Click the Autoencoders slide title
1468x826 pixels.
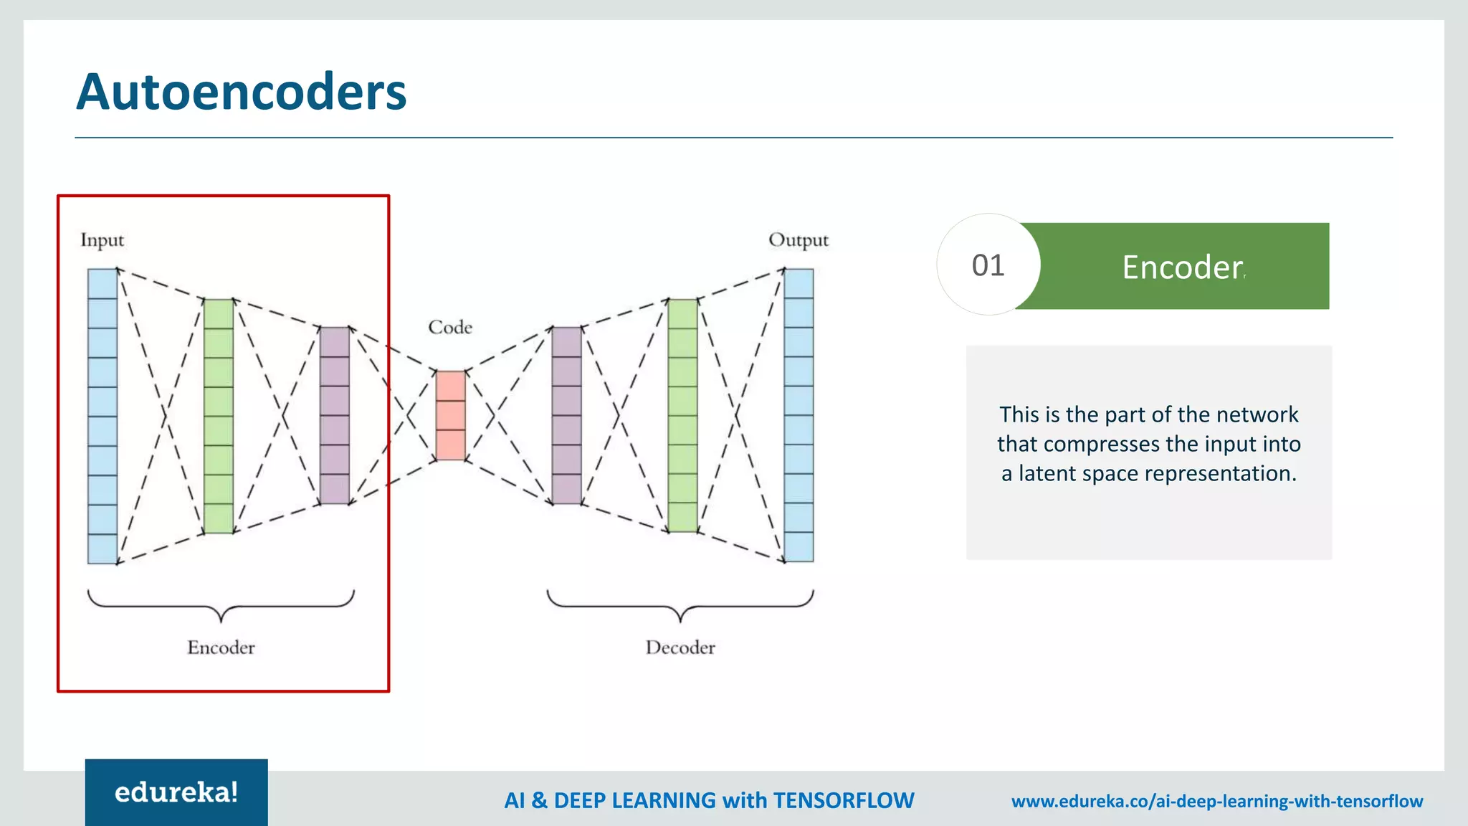tap(241, 92)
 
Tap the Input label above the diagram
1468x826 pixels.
tap(102, 239)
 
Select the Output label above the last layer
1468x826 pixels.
tap(798, 239)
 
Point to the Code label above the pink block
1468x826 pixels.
tap(450, 327)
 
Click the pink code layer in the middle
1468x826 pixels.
tap(450, 415)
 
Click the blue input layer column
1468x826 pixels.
tap(103, 416)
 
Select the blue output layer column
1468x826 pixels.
tap(799, 415)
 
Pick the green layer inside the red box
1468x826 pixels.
tap(219, 416)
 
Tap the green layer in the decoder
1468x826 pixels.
tap(682, 415)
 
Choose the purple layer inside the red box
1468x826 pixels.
tap(334, 415)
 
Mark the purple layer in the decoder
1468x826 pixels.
tap(566, 415)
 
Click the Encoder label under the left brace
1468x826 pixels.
tap(221, 647)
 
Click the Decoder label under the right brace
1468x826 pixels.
tap(680, 647)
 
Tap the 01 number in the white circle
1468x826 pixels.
tap(988, 265)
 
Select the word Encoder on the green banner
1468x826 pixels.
tap(1182, 267)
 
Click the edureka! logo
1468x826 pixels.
tap(176, 792)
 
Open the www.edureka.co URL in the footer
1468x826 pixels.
tap(1216, 801)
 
